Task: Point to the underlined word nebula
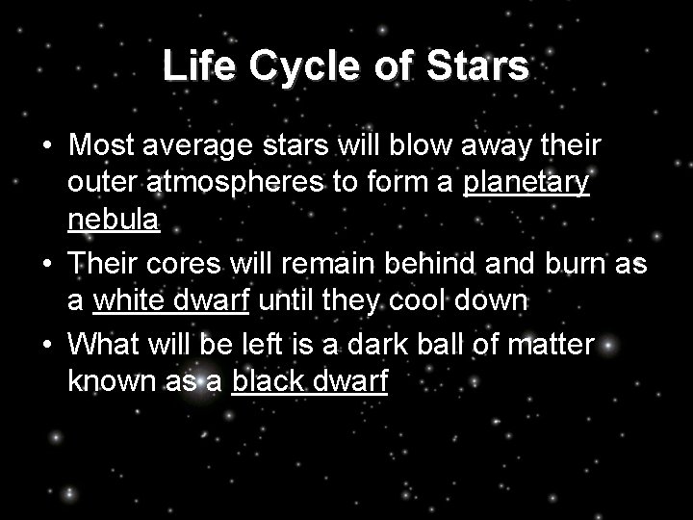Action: coord(113,221)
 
